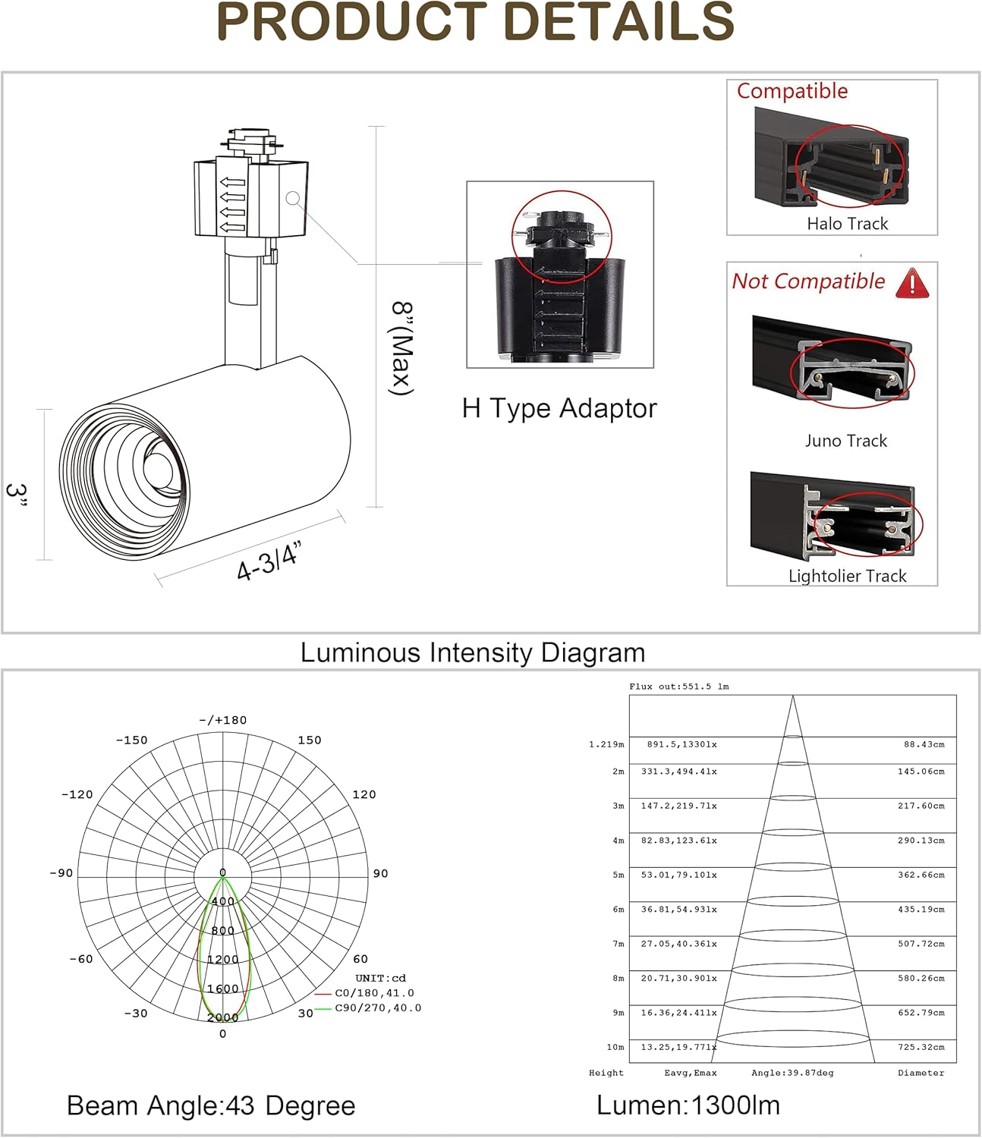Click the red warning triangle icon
coord(912,283)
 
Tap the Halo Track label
coord(847,224)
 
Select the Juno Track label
coord(845,441)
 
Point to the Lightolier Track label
coord(847,577)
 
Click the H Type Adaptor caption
coord(559,409)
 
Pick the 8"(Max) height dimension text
coord(402,348)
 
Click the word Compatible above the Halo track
coord(792,91)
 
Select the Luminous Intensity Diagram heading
coord(473,653)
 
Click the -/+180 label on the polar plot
coord(222,721)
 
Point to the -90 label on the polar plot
coord(61,873)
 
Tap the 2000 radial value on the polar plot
coord(222,1017)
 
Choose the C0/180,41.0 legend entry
coord(374,993)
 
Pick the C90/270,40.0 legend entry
coord(378,1008)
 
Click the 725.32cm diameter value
coord(921,1048)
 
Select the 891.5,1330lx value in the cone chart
coord(681,745)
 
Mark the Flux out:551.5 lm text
coord(678,687)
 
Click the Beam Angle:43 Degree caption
coord(211,1106)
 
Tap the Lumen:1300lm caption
coord(688,1106)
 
